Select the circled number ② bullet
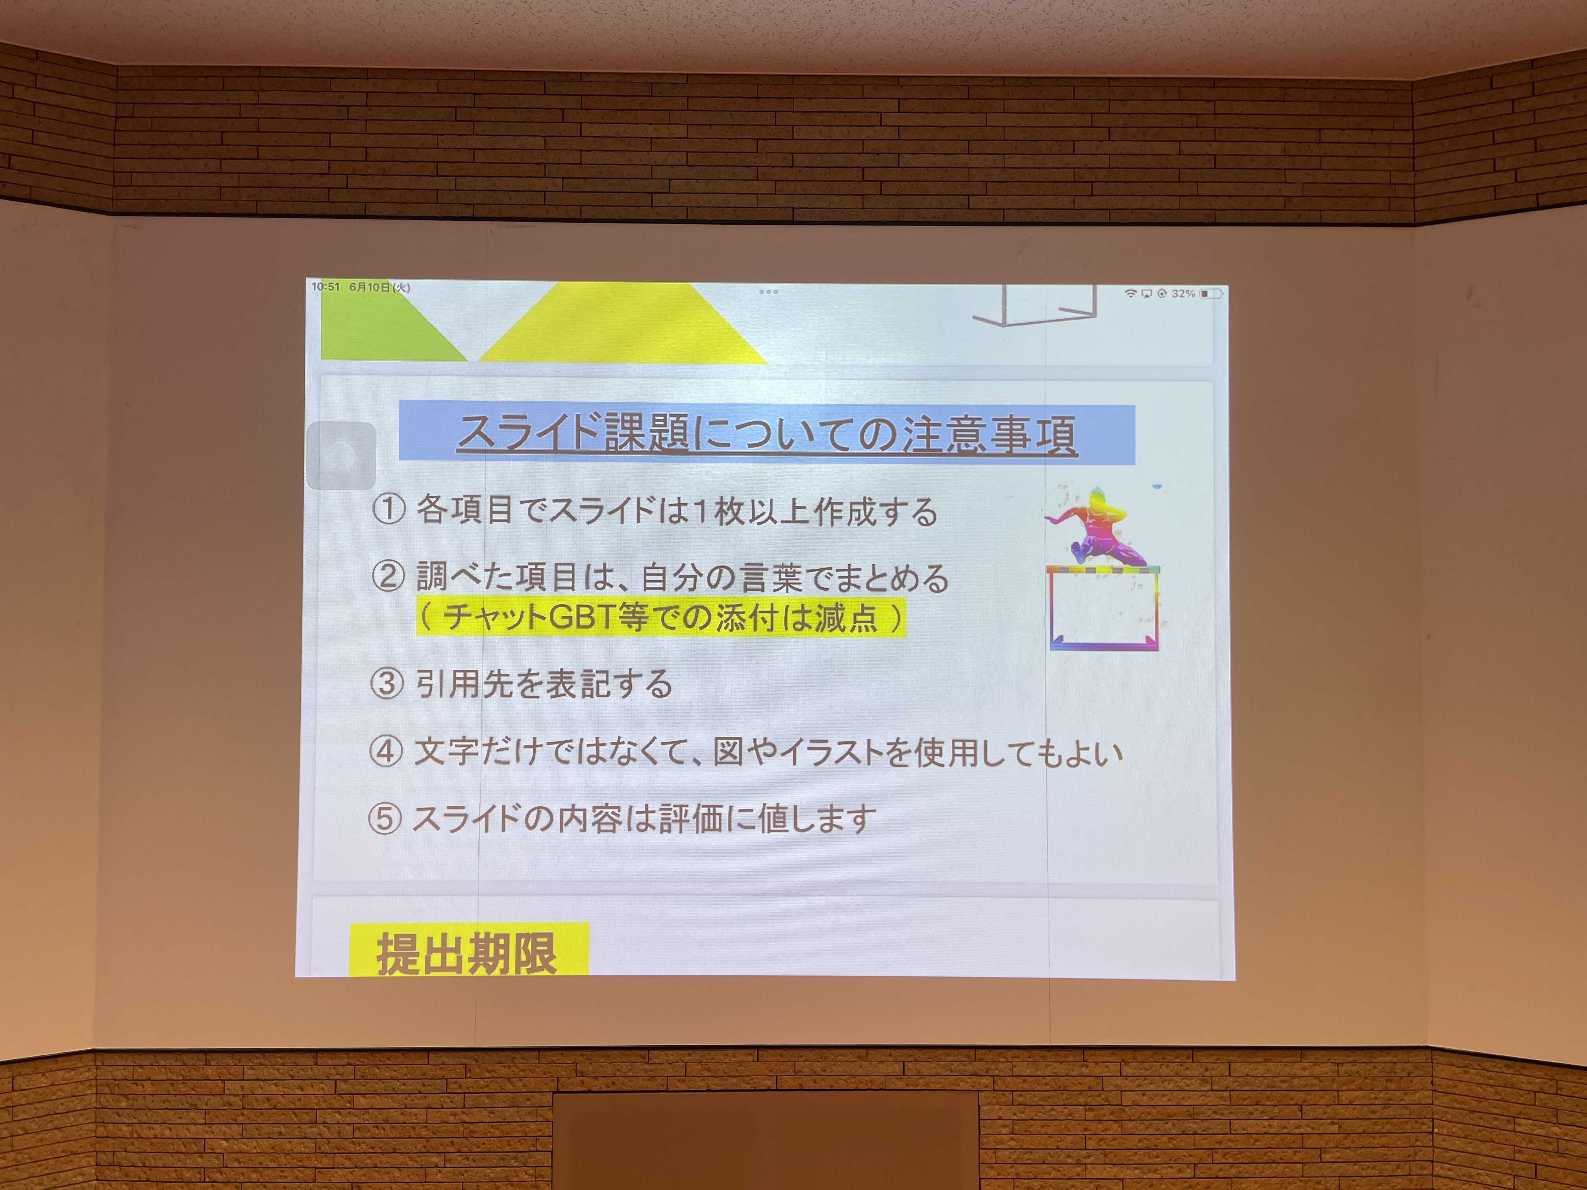(x=388, y=576)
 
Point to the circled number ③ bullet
(x=387, y=684)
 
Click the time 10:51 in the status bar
(x=326, y=287)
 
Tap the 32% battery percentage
(x=1183, y=294)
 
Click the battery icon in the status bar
(x=1211, y=294)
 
